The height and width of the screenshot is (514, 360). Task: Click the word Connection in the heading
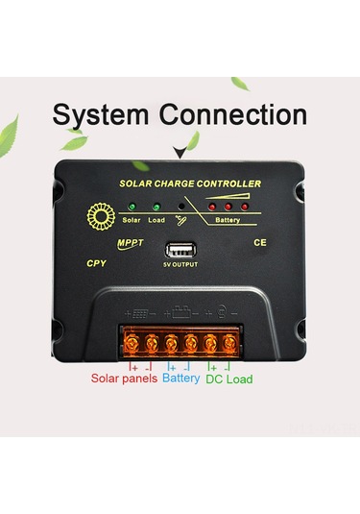(x=233, y=115)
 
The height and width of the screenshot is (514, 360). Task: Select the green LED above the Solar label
(x=132, y=207)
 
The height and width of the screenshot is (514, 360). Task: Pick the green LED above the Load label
(x=156, y=207)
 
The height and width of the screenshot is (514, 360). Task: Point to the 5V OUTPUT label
(x=180, y=264)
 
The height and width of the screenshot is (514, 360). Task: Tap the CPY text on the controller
(x=95, y=262)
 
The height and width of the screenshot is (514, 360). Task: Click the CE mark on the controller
(x=259, y=244)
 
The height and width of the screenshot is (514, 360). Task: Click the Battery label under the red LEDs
(x=228, y=221)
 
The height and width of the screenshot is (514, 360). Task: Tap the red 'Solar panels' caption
(x=123, y=379)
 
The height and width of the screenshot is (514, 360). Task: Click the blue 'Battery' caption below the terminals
(x=180, y=379)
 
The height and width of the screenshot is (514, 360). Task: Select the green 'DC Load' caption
(x=229, y=379)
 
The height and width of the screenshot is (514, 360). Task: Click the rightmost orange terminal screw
(x=230, y=342)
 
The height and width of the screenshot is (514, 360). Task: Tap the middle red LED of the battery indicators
(x=228, y=207)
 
